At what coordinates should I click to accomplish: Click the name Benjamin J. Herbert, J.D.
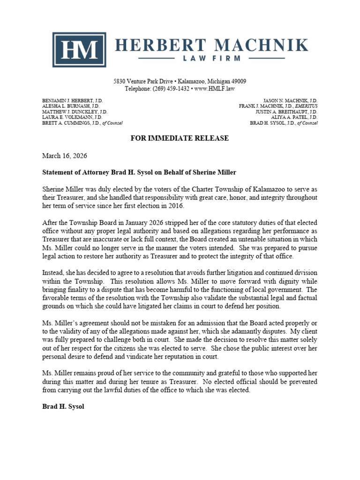(72, 101)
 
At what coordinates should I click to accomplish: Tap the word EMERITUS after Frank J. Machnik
(303, 106)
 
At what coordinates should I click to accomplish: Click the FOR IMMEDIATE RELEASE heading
(180, 138)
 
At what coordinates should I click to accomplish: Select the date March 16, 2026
(65, 156)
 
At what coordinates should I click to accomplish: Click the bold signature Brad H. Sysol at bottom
(63, 407)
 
